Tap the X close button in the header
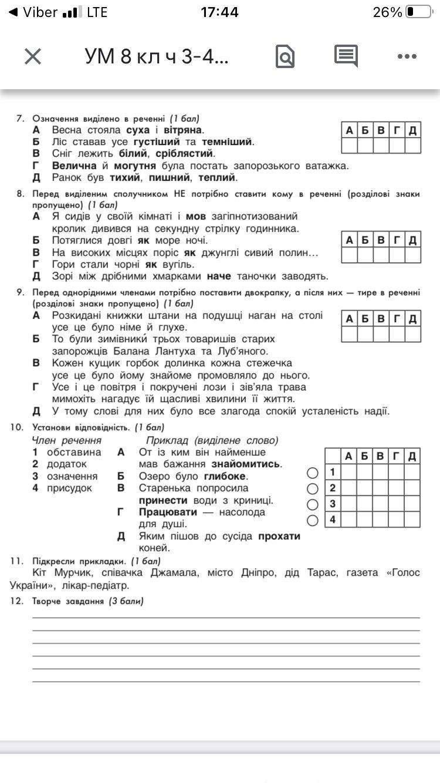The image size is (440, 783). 33,56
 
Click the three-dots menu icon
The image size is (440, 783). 407,56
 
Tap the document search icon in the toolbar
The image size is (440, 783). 285,57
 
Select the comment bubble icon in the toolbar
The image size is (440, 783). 346,56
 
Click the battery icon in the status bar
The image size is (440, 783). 418,12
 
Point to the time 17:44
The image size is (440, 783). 219,12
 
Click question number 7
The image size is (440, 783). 20,118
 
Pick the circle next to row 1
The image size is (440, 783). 313,473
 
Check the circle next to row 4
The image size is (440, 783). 313,519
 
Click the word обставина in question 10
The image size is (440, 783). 74,452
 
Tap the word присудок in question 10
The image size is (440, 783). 69,488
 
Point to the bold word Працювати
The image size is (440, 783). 168,512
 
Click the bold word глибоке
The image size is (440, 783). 225,476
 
